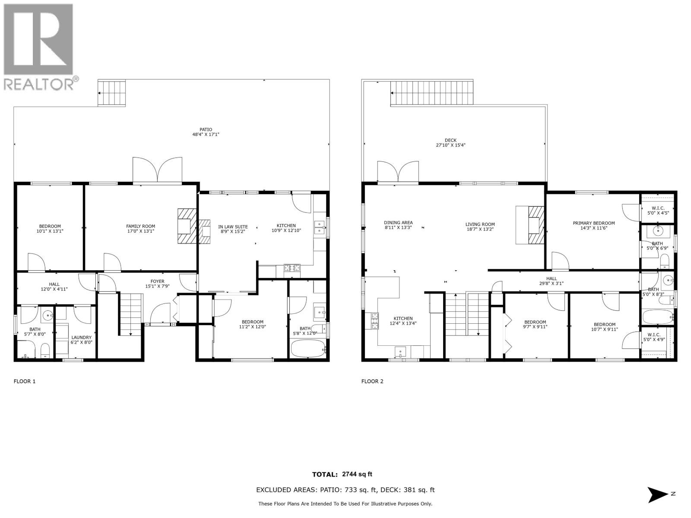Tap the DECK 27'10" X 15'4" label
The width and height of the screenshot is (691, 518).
click(450, 142)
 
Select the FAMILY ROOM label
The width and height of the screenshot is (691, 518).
click(140, 228)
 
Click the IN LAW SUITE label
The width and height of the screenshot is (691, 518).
click(233, 228)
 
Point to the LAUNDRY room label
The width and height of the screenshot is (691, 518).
click(81, 340)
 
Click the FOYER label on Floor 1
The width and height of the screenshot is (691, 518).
click(157, 284)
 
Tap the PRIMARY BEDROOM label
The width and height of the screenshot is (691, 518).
click(593, 225)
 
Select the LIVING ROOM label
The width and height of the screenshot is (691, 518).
click(480, 227)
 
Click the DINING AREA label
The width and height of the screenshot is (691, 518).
click(398, 225)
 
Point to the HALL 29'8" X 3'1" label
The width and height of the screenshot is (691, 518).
click(552, 281)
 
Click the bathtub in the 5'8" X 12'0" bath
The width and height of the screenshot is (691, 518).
click(308, 348)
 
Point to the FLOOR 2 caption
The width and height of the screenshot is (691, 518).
click(372, 381)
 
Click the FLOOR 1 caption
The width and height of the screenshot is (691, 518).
click(25, 381)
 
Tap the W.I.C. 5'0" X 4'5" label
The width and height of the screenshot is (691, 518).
click(658, 210)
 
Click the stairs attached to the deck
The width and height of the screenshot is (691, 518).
click(431, 93)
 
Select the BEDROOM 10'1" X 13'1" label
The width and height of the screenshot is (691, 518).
click(50, 228)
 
